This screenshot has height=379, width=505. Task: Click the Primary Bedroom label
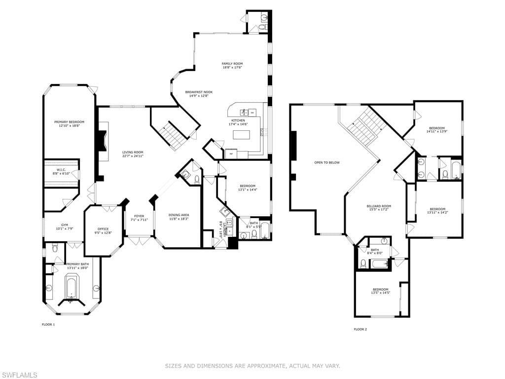coord(69,122)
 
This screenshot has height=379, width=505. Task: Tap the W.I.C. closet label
coord(61,170)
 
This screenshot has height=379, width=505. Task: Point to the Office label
coord(103,229)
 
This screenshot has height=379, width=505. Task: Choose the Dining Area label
coord(179,215)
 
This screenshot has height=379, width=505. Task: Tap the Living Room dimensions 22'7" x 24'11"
coord(133,156)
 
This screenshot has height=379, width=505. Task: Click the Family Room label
coord(232,64)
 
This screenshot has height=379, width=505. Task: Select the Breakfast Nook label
coord(199,92)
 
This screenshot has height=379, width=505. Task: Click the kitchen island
coord(241,134)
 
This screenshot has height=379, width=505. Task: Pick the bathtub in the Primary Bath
coord(72,288)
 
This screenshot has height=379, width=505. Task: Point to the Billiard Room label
coord(379,206)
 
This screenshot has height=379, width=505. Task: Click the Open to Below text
coord(327,162)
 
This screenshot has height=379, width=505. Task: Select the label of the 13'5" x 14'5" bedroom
coord(380,289)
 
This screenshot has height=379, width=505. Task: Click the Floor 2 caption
coord(361,329)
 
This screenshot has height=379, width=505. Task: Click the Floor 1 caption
coord(48,324)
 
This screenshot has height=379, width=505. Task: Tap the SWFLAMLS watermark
coord(19,375)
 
